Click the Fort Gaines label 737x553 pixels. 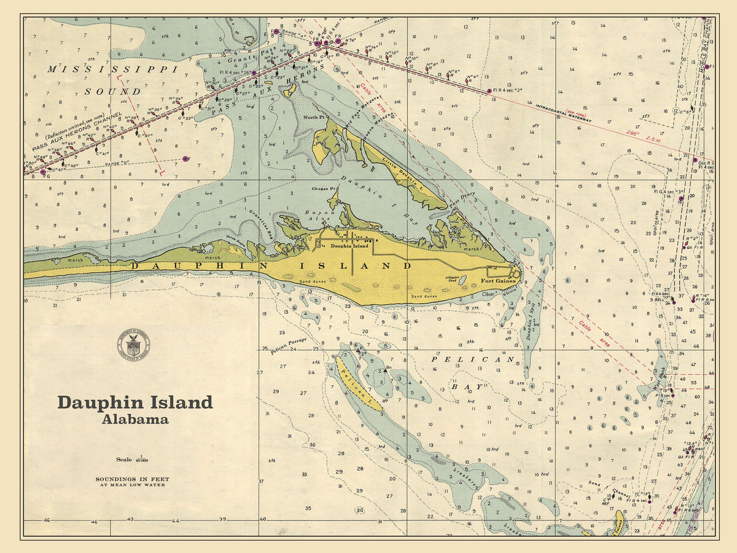[496, 281]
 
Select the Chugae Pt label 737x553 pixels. [324, 189]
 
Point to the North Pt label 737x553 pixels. [313, 117]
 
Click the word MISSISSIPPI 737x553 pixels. [112, 69]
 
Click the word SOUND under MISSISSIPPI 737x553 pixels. [121, 92]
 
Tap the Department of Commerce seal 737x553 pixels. [133, 344]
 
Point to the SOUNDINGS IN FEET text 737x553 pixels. [132, 479]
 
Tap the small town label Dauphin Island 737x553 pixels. [349, 246]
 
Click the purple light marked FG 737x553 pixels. [43, 172]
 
